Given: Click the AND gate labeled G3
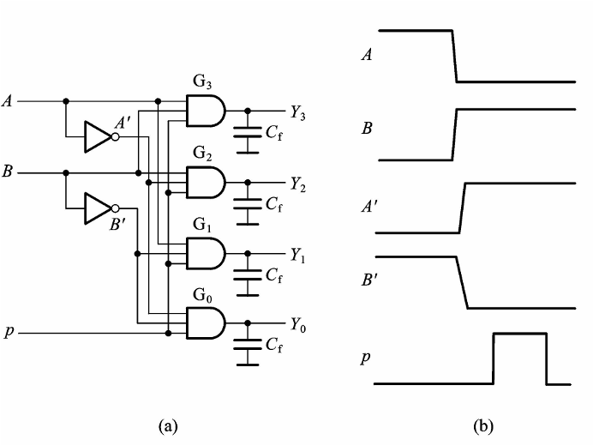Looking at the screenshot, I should [x=207, y=110].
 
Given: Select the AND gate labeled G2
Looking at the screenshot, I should [x=207, y=181].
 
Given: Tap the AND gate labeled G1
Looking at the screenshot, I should [x=207, y=252].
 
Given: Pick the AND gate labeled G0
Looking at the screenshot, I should [x=207, y=323].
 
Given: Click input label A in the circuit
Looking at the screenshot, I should [x=8, y=101].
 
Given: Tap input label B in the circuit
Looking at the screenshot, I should [x=8, y=172].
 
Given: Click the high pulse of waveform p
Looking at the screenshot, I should [x=519, y=334].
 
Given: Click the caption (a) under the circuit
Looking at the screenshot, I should [x=166, y=425].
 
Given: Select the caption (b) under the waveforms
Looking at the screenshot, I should [x=482, y=425].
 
